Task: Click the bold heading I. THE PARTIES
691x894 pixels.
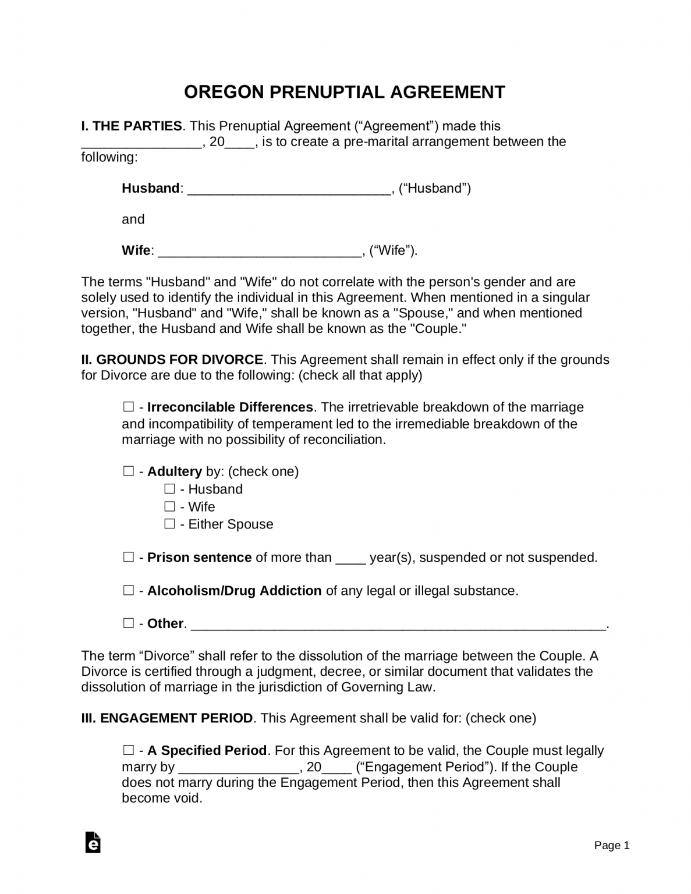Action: (x=132, y=126)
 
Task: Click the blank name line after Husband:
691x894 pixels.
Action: (x=289, y=189)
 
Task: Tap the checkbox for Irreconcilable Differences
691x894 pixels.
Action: (x=128, y=407)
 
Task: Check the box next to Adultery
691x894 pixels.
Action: (x=128, y=471)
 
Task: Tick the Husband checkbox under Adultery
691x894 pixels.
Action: (x=169, y=489)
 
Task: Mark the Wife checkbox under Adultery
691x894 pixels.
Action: (x=169, y=506)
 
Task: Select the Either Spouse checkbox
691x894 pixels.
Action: (x=169, y=524)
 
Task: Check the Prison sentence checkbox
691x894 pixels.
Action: (x=128, y=557)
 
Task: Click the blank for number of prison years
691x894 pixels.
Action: (x=350, y=559)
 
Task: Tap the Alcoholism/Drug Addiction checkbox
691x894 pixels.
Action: (x=128, y=590)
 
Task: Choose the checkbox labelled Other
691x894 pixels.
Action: (x=128, y=623)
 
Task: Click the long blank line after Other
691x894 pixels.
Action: (x=398, y=625)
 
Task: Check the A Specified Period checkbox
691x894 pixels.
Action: (x=128, y=750)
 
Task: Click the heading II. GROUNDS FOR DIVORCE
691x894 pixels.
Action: (x=172, y=360)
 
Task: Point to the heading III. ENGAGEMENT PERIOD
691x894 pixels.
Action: (x=167, y=718)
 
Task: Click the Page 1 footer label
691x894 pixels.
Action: (x=612, y=846)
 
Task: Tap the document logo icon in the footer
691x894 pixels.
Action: (x=93, y=843)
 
